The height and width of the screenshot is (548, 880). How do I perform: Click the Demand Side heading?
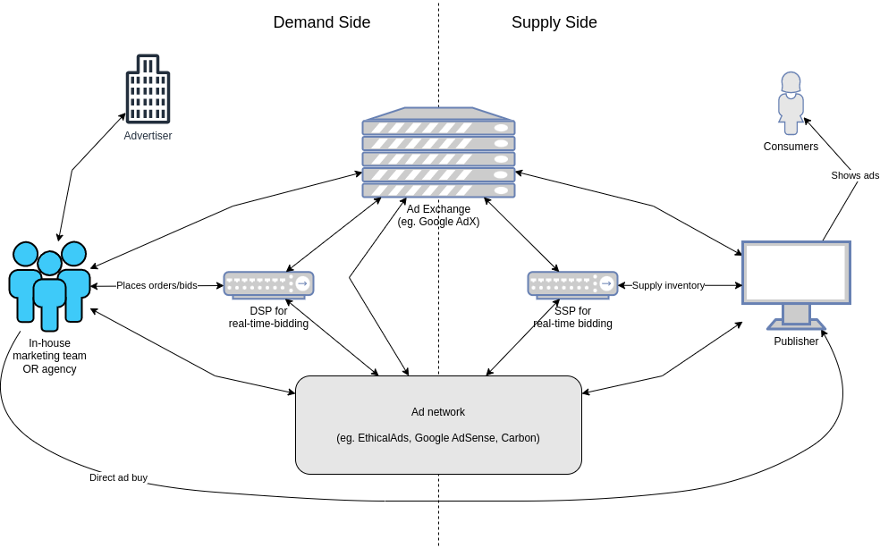pos(321,23)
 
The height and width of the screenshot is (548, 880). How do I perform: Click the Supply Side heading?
pos(554,23)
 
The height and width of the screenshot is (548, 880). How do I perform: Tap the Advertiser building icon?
pos(148,89)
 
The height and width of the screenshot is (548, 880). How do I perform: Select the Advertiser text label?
pos(148,136)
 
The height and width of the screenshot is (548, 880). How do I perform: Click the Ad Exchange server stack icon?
pos(438,153)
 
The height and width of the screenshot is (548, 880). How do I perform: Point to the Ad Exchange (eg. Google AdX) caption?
pos(438,215)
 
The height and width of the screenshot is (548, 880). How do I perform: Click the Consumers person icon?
pos(791,103)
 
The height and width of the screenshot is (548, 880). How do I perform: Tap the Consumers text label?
pos(791,147)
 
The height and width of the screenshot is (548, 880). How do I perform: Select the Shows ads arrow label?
pos(855,175)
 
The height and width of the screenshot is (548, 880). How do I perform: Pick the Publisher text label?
pos(796,341)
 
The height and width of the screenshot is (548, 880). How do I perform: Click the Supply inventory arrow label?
pos(668,285)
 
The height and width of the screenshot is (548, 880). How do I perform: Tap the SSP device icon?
pos(572,284)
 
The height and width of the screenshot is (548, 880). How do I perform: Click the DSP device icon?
pos(268,284)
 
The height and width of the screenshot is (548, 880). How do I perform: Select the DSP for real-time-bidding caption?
pos(268,317)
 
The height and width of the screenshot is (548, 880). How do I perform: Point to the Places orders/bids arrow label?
pos(157,285)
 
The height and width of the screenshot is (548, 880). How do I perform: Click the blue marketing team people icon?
pos(49,284)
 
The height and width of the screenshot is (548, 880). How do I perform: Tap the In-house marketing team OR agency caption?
pos(49,356)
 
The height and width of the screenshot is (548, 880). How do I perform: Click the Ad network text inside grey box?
pos(438,412)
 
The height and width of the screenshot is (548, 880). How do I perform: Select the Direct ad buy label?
pos(118,477)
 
